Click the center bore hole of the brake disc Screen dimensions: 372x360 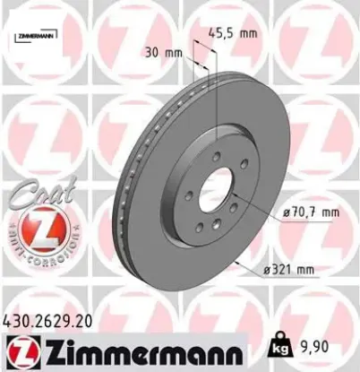(216, 191)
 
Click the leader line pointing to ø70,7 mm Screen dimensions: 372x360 (251, 205)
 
